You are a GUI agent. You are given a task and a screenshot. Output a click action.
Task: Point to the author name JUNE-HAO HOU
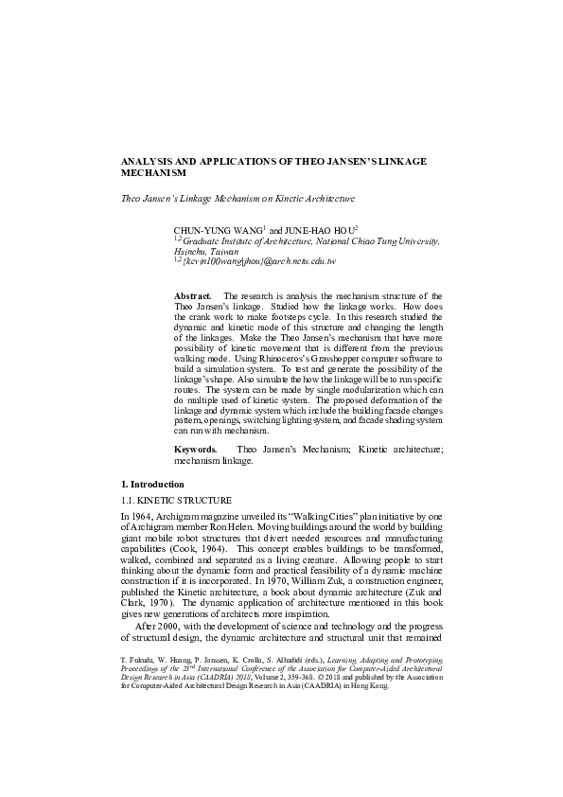point(318,231)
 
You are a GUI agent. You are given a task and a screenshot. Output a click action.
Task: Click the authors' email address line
point(261,261)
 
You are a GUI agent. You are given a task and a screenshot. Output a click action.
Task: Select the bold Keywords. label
point(197,447)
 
